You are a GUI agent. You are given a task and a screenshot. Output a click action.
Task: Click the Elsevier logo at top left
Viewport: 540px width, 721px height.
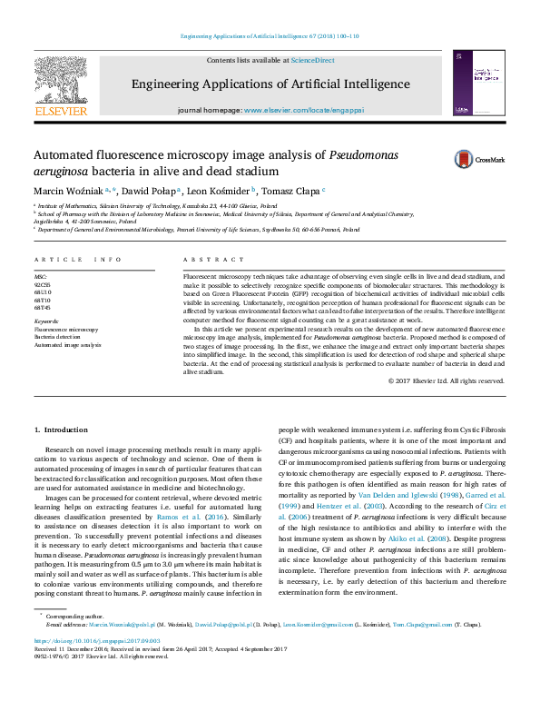tap(60, 86)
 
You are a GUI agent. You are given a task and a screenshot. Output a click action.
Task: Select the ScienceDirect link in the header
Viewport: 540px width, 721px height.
tap(312, 60)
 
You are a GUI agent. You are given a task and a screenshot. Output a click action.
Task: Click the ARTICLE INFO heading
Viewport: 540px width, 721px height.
tap(78, 261)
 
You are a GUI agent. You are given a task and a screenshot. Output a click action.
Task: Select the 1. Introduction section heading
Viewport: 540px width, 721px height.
tap(60, 429)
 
